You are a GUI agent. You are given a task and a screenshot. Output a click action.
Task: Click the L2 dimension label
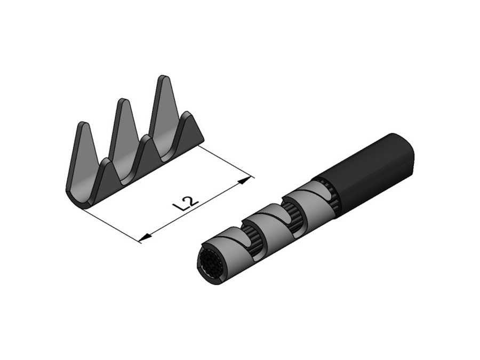point(186,203)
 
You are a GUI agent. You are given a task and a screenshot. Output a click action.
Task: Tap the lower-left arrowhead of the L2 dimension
point(145,237)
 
